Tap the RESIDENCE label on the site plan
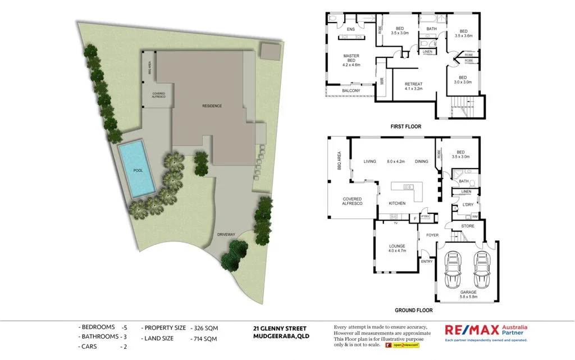click(x=212, y=106)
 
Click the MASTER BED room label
click(x=351, y=60)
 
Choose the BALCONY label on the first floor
click(x=351, y=91)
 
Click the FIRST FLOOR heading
click(x=405, y=127)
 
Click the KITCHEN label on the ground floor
click(x=398, y=203)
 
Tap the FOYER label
click(x=432, y=235)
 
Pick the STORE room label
click(x=467, y=226)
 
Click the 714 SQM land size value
click(x=206, y=339)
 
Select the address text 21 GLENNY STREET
click(x=279, y=328)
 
